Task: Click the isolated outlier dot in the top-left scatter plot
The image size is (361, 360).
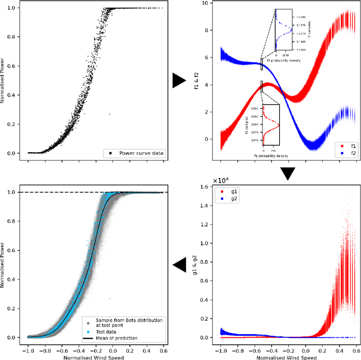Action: click(109, 114)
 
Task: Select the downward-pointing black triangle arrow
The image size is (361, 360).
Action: click(288, 174)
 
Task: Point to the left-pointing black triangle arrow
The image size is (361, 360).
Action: click(179, 264)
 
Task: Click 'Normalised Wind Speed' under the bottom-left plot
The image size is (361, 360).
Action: click(96, 357)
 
